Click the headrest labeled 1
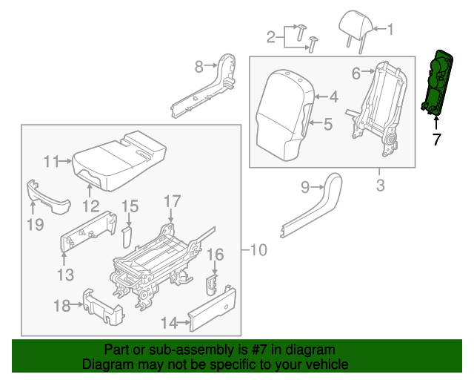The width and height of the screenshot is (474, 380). [x=358, y=23]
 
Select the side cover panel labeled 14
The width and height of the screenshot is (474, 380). [x=213, y=307]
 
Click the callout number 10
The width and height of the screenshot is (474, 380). [x=257, y=250]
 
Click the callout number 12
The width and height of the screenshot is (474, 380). [x=90, y=206]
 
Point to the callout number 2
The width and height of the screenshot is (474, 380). [x=271, y=36]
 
